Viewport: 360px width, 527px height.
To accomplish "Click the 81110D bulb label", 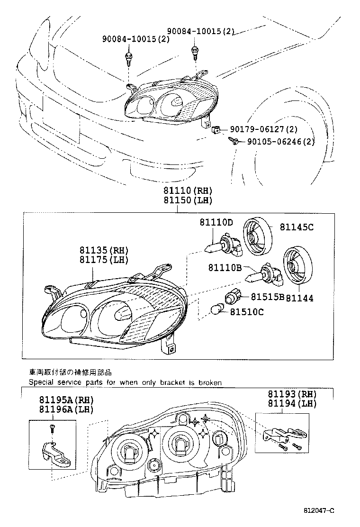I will (216, 222).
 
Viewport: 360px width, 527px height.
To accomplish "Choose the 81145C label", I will (296, 227).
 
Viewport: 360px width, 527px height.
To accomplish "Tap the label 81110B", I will (225, 268).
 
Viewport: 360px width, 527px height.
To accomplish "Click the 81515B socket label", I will (267, 297).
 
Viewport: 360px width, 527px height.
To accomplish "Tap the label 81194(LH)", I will (292, 403).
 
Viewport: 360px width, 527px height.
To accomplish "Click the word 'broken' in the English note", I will (210, 382).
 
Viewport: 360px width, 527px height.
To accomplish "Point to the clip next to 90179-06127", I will (216, 129).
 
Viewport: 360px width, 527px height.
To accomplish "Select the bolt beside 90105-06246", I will (233, 140).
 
